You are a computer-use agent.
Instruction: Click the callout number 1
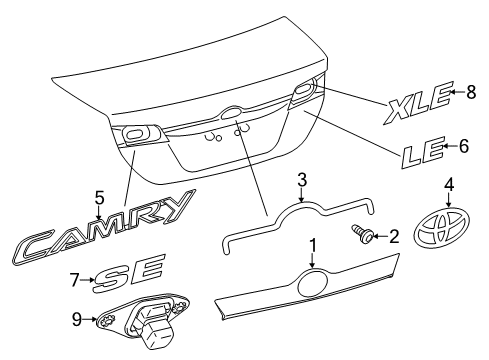pyautogui.click(x=313, y=243)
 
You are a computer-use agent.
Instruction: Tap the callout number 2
pyautogui.click(x=393, y=236)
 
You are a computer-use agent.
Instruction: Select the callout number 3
pyautogui.click(x=300, y=180)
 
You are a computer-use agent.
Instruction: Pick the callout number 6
pyautogui.click(x=463, y=146)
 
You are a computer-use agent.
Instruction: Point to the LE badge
pyautogui.click(x=422, y=152)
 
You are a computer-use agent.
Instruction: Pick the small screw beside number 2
pyautogui.click(x=361, y=236)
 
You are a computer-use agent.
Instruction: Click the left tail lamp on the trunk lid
pyautogui.click(x=134, y=134)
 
